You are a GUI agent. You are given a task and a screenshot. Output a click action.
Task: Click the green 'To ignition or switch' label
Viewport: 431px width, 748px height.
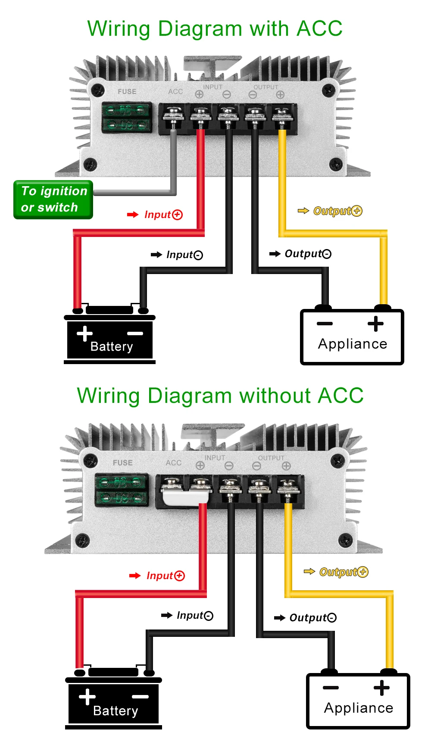(x=53, y=199)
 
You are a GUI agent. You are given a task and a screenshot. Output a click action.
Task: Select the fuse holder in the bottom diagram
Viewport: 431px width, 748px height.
(x=122, y=490)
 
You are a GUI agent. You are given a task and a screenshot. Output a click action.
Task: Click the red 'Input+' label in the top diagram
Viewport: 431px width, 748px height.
(x=163, y=215)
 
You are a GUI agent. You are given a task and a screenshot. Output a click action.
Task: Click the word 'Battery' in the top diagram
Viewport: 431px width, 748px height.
(x=112, y=346)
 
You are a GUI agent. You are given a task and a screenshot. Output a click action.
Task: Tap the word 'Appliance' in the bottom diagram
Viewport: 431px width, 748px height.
(x=359, y=708)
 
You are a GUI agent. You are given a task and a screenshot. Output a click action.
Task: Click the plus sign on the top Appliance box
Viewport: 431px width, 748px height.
(x=375, y=324)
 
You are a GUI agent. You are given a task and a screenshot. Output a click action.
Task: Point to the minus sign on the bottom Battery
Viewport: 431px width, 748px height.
(x=140, y=697)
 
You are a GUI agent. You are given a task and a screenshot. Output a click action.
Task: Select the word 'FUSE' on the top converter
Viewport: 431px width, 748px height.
(x=127, y=92)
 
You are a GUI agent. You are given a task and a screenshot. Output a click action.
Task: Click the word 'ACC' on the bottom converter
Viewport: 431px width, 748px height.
(x=174, y=463)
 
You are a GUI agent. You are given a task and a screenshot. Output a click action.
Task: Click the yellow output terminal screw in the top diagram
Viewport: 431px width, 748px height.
(x=281, y=115)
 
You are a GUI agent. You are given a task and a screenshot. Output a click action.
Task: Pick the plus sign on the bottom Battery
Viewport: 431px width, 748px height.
(x=87, y=697)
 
